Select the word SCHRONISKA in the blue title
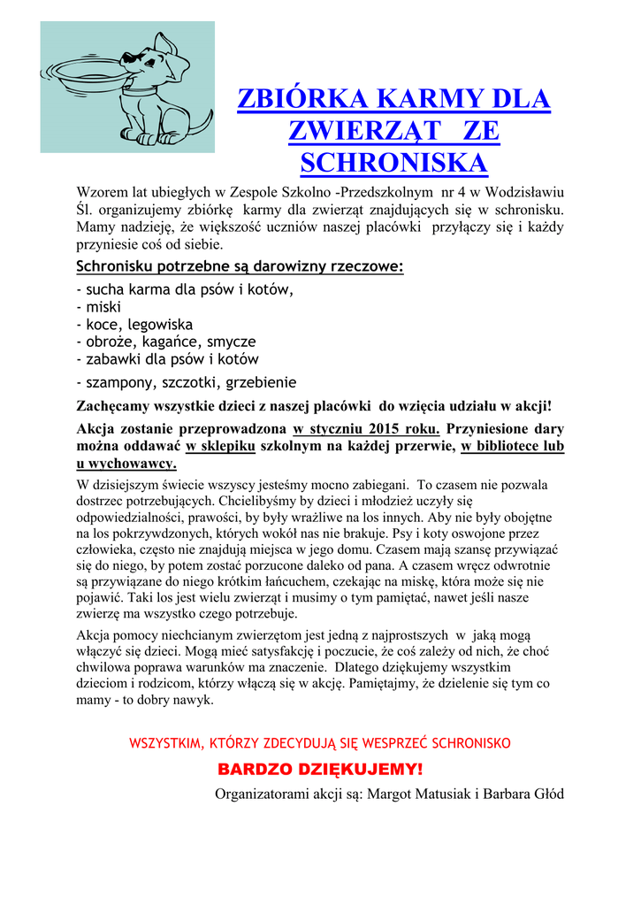point(394,163)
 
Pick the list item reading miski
point(103,306)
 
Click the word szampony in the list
point(121,383)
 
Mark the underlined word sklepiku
point(221,447)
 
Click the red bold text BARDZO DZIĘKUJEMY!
point(320,768)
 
